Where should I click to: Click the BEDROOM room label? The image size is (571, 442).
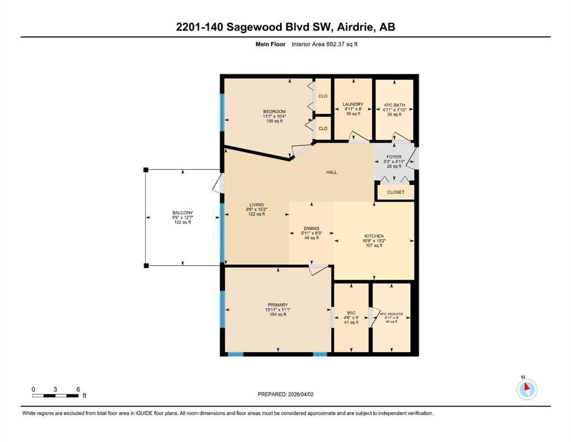(x=274, y=112)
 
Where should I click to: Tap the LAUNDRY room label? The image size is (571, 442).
(x=353, y=104)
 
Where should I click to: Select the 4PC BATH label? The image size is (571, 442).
(x=394, y=105)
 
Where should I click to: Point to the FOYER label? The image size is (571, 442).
(x=394, y=157)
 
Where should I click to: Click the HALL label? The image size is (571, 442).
(x=331, y=172)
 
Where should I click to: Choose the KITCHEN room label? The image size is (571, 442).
(x=374, y=236)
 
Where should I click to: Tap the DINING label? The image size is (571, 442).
(x=311, y=228)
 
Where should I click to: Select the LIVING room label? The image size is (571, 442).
(x=256, y=205)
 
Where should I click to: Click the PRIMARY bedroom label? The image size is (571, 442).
(x=278, y=305)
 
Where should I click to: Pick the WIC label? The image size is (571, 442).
(x=351, y=313)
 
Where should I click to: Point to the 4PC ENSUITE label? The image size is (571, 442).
(x=392, y=314)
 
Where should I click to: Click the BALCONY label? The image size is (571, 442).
(x=182, y=213)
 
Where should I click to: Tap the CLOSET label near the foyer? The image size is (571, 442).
(x=396, y=192)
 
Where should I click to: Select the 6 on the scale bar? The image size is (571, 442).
(x=78, y=389)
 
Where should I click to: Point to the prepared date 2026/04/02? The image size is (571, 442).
(x=300, y=394)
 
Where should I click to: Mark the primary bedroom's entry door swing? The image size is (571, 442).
(x=318, y=270)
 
